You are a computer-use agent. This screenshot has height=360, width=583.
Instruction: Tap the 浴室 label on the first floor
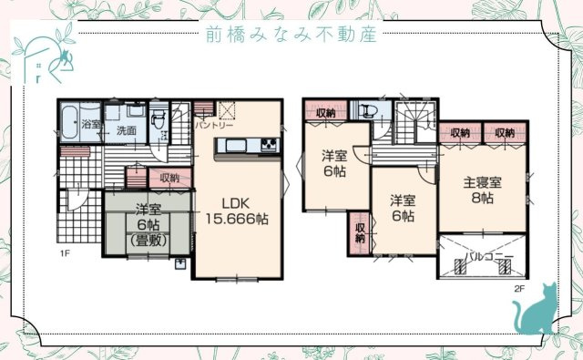[90, 123]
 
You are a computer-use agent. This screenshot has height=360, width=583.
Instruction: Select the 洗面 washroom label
[126, 131]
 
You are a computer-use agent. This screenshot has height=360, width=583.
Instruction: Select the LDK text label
[236, 202]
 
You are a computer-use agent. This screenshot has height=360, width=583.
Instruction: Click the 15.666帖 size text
[236, 219]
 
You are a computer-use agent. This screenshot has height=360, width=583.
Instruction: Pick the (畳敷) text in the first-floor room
[148, 241]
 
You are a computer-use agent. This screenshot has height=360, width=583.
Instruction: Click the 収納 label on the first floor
[169, 178]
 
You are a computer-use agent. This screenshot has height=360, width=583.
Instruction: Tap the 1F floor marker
[66, 252]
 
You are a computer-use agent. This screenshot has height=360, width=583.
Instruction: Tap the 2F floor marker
[518, 289]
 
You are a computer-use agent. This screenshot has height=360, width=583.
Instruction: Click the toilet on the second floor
[369, 111]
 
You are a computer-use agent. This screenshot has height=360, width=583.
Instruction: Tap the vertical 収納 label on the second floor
[360, 232]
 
